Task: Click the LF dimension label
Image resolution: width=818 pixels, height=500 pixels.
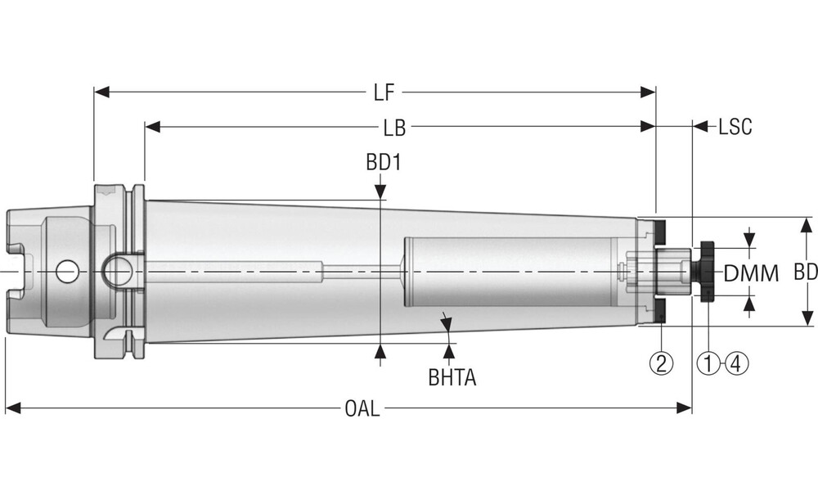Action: pyautogui.click(x=384, y=92)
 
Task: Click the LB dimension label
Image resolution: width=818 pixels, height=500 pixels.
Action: pyautogui.click(x=394, y=128)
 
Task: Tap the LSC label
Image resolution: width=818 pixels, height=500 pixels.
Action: pyautogui.click(x=735, y=127)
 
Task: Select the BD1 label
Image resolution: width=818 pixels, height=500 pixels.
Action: pyautogui.click(x=384, y=163)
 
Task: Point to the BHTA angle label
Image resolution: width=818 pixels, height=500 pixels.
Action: pyautogui.click(x=452, y=377)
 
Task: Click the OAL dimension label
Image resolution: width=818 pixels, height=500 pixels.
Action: pyautogui.click(x=362, y=408)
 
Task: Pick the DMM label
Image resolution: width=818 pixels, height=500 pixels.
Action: pyautogui.click(x=751, y=273)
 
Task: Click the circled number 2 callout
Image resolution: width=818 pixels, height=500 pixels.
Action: pyautogui.click(x=661, y=363)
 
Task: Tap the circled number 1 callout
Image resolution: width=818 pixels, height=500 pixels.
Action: pyautogui.click(x=708, y=363)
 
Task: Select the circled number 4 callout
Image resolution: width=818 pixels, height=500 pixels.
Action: pyautogui.click(x=737, y=363)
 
